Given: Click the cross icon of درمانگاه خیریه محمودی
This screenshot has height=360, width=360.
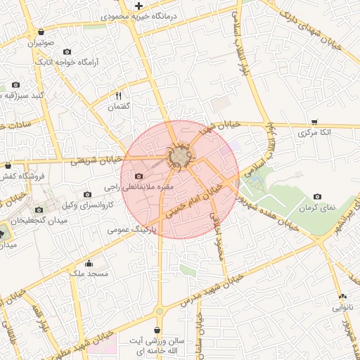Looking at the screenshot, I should [139, 6].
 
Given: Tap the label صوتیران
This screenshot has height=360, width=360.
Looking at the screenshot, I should [41, 43].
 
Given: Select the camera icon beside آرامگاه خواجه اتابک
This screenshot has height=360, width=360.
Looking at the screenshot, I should [67, 51].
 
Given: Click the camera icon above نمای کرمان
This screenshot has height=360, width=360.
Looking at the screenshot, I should [317, 197].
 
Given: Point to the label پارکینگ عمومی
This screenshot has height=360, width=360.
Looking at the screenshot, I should [129, 229].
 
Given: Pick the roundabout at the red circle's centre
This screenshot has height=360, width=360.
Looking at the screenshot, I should [181, 155].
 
